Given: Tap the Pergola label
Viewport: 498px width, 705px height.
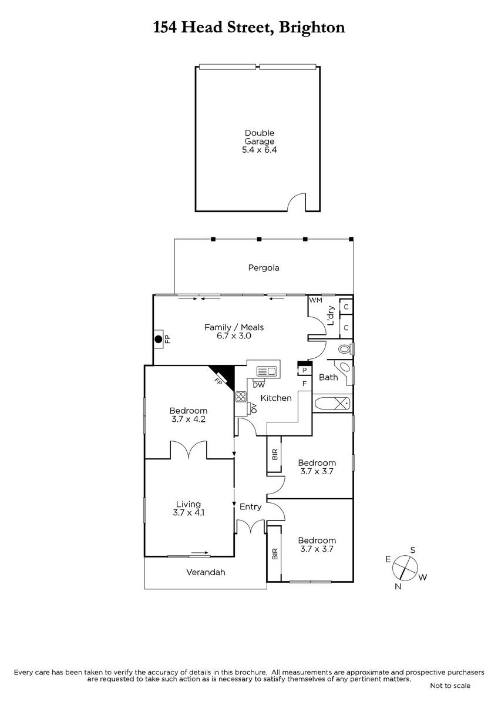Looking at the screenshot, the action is click(264, 268).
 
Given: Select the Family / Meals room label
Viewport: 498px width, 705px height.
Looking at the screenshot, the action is click(234, 327).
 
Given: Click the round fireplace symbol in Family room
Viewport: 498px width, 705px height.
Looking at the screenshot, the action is click(158, 340).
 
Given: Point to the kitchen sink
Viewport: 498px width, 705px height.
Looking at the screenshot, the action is click(267, 371).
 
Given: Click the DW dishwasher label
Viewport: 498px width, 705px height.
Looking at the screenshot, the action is click(259, 385).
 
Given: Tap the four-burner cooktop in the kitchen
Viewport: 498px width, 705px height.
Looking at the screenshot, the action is click(241, 397).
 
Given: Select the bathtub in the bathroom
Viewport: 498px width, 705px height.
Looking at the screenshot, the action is click(332, 403).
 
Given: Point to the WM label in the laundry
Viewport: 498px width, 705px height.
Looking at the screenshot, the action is click(315, 300).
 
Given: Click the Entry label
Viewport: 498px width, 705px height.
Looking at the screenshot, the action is click(250, 506).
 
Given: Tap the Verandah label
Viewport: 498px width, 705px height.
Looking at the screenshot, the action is click(206, 572).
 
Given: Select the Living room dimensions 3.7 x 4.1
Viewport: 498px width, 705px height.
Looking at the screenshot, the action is click(189, 513).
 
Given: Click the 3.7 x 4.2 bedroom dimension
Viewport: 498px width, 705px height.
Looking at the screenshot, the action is click(189, 419).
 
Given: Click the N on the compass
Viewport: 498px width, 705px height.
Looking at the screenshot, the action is click(398, 586).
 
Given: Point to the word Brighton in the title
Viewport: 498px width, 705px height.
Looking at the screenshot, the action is click(312, 28).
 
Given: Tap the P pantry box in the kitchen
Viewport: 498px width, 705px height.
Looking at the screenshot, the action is click(305, 371).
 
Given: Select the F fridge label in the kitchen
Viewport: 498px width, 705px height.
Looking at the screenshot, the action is click(304, 384).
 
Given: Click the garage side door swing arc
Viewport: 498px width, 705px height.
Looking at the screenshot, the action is click(295, 200).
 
